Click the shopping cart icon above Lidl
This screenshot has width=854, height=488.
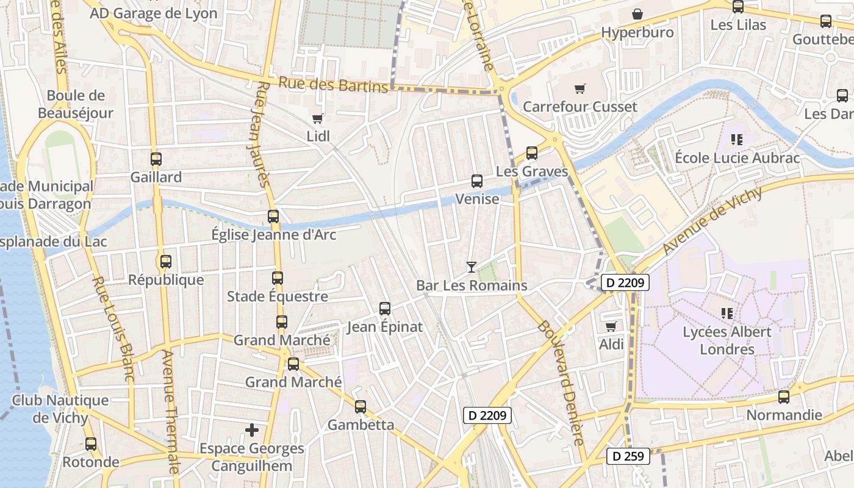[317, 118]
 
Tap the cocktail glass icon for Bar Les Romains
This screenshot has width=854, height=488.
[471, 267]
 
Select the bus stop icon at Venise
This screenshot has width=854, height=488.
[477, 181]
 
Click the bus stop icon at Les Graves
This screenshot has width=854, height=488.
[532, 153]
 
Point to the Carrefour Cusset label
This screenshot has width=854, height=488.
[580, 107]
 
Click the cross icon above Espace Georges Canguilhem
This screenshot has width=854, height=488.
[252, 431]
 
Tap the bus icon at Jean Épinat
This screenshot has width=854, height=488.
[385, 309]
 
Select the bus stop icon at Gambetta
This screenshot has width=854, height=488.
[361, 407]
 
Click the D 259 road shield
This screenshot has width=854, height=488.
[628, 456]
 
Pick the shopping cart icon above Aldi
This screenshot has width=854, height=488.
[611, 326]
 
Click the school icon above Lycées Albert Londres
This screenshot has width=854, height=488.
[727, 314]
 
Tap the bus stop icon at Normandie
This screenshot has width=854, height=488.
[784, 397]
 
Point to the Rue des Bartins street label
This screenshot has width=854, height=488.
[333, 84]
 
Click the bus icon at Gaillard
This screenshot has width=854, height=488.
[156, 159]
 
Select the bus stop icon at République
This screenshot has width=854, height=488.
[166, 262]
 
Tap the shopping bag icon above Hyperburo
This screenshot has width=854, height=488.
[637, 14]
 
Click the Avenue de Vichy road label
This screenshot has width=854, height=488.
[712, 221]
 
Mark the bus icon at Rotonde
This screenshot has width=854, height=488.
[91, 444]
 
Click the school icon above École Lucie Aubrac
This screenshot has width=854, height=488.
[736, 140]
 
